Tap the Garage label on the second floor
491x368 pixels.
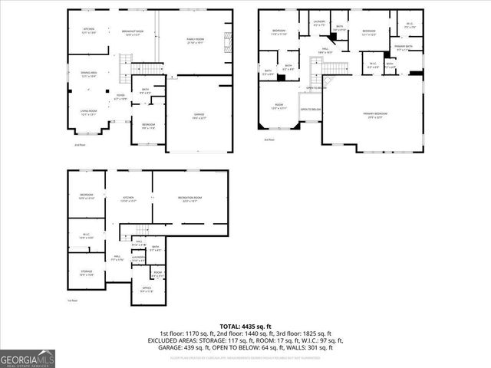click(x=198, y=116)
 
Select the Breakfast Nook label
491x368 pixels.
click(x=133, y=32)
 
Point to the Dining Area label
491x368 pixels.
click(x=89, y=74)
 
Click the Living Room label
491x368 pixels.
click(x=89, y=113)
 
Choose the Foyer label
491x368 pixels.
click(x=120, y=97)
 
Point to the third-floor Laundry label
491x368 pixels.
click(x=320, y=23)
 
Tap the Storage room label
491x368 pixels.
click(x=87, y=273)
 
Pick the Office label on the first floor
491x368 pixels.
click(x=146, y=290)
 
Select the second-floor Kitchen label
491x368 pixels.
click(x=89, y=31)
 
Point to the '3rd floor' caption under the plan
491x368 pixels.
click(x=269, y=140)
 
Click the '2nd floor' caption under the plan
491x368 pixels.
click(x=79, y=144)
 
